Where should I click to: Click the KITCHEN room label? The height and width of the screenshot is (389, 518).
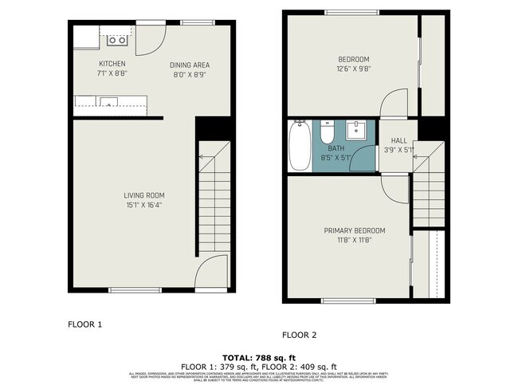tap(112, 64)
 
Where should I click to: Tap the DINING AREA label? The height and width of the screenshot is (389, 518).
tap(189, 65)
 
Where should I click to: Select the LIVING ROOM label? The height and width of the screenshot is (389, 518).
tap(144, 195)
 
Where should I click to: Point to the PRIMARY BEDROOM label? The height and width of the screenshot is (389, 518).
tap(354, 230)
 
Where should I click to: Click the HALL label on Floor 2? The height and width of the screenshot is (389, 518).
tap(398, 140)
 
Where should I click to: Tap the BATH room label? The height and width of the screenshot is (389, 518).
tap(336, 148)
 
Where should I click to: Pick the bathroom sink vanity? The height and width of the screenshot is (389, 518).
tap(357, 130)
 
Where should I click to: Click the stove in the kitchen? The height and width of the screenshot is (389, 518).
tap(117, 38)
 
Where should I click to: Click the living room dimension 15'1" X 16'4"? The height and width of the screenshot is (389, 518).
tap(144, 205)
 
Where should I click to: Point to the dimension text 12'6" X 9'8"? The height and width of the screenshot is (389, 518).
tap(353, 69)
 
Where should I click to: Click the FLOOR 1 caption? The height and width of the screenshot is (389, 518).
tap(84, 324)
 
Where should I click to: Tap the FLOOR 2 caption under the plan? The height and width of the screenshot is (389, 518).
tap(300, 336)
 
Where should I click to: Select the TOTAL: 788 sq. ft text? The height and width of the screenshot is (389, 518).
tap(259, 358)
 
